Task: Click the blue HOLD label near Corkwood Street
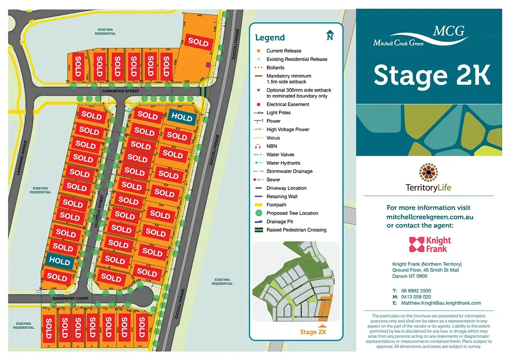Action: [x=182, y=116]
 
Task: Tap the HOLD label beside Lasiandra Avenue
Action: [x=60, y=261]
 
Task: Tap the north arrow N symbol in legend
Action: [x=330, y=36]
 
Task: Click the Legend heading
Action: [x=270, y=38]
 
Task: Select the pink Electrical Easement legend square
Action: [x=258, y=104]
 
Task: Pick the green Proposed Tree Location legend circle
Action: [x=258, y=213]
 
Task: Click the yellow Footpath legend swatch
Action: [x=258, y=205]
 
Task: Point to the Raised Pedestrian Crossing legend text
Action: [x=296, y=230]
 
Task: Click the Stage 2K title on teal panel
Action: [x=431, y=76]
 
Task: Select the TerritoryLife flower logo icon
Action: [x=428, y=173]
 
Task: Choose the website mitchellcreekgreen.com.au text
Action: [x=429, y=217]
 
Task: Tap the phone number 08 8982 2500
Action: [x=418, y=290]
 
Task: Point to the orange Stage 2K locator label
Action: [x=313, y=332]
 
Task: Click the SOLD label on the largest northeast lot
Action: [x=198, y=43]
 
